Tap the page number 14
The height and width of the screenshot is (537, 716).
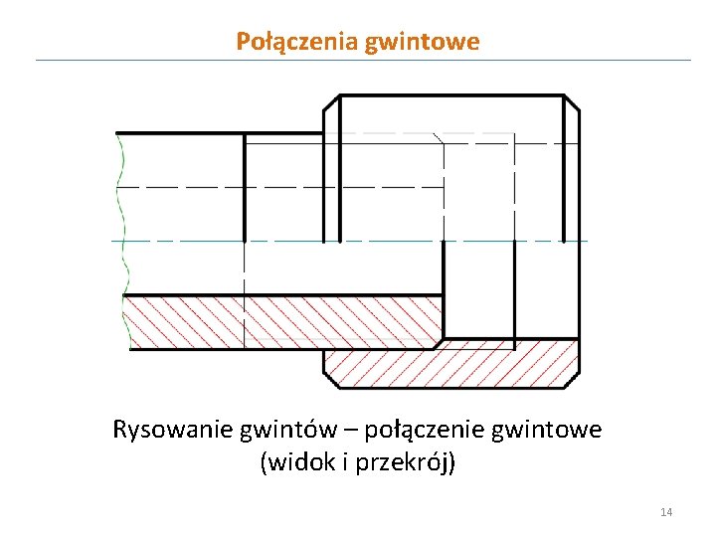[666, 512]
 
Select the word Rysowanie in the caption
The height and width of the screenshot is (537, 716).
[173, 431]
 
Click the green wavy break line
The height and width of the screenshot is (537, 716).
[120, 239]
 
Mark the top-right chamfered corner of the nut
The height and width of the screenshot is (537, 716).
[573, 102]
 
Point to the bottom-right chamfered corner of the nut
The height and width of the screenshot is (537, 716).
[572, 381]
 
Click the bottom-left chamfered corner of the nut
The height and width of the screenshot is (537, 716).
[330, 381]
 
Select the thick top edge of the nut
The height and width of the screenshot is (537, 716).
[452, 95]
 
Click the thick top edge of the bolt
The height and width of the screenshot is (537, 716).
[179, 133]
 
